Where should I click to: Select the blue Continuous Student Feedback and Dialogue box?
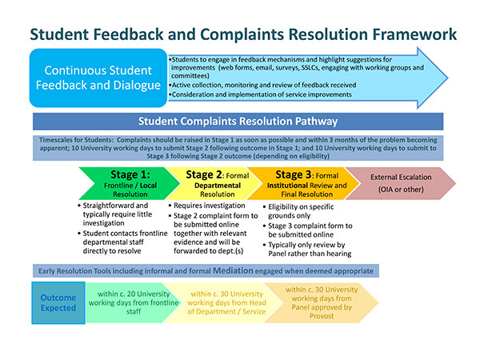pyautogui.click(x=98, y=78)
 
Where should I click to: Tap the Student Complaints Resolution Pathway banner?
pyautogui.click(x=238, y=122)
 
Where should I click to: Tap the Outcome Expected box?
pyautogui.click(x=58, y=302)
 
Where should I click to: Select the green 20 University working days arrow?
pyautogui.click(x=128, y=303)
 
